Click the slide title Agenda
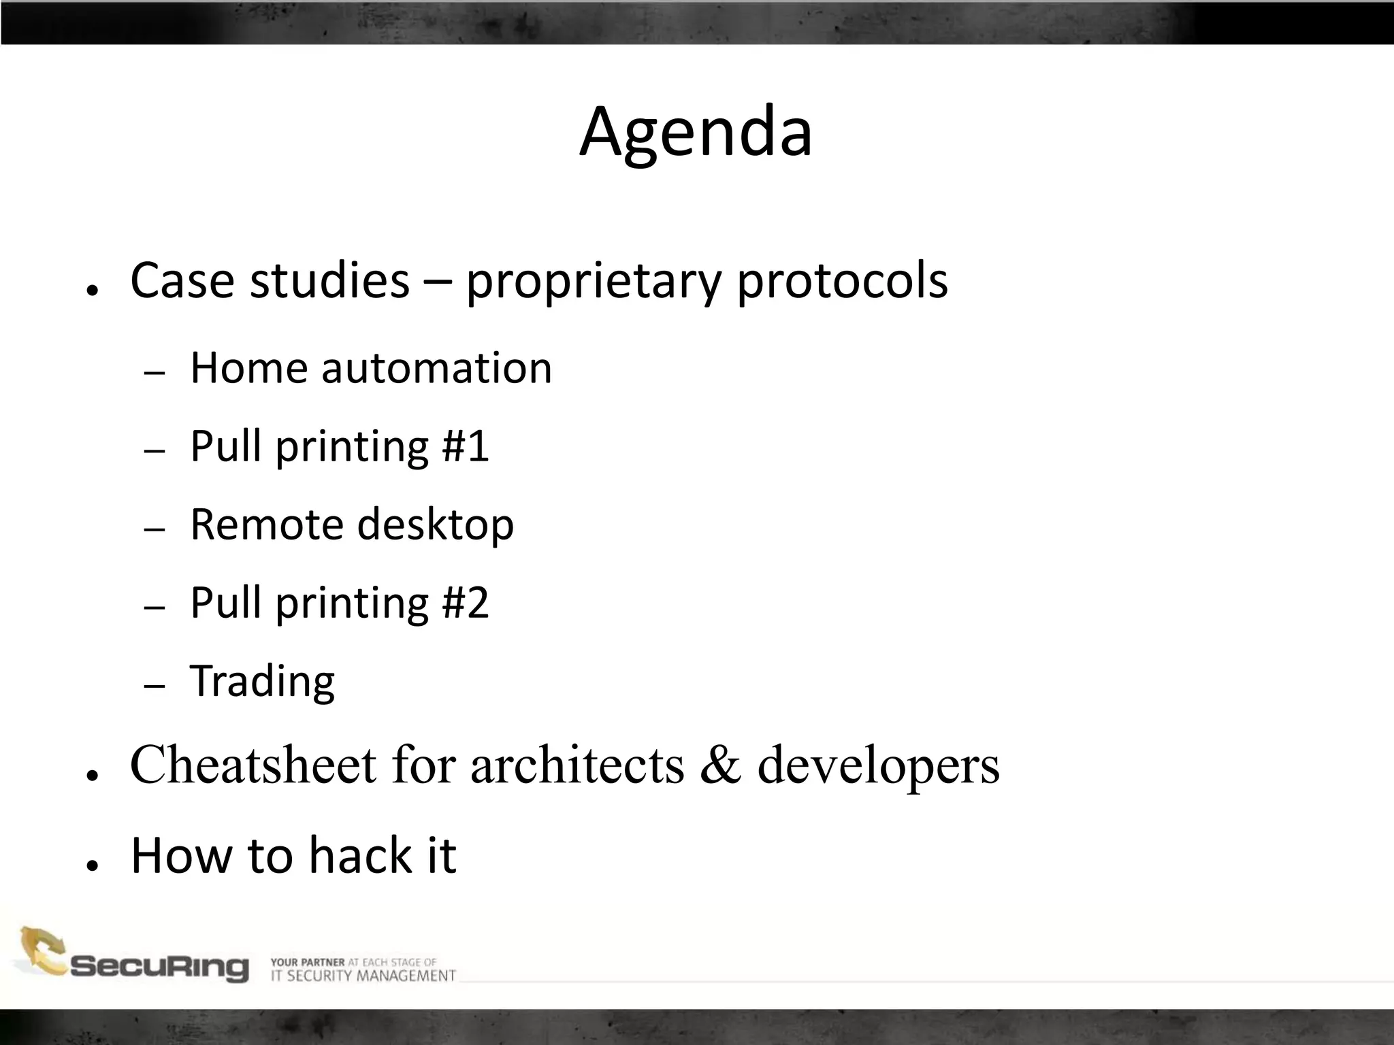click(x=696, y=132)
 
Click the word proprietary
click(x=592, y=281)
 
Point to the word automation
click(x=436, y=368)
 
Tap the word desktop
click(x=436, y=526)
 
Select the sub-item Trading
click(x=262, y=681)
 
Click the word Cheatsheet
click(x=253, y=765)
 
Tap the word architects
click(x=577, y=765)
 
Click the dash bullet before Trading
click(x=155, y=686)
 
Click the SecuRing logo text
click(x=159, y=967)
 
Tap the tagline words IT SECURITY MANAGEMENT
click(x=363, y=976)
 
